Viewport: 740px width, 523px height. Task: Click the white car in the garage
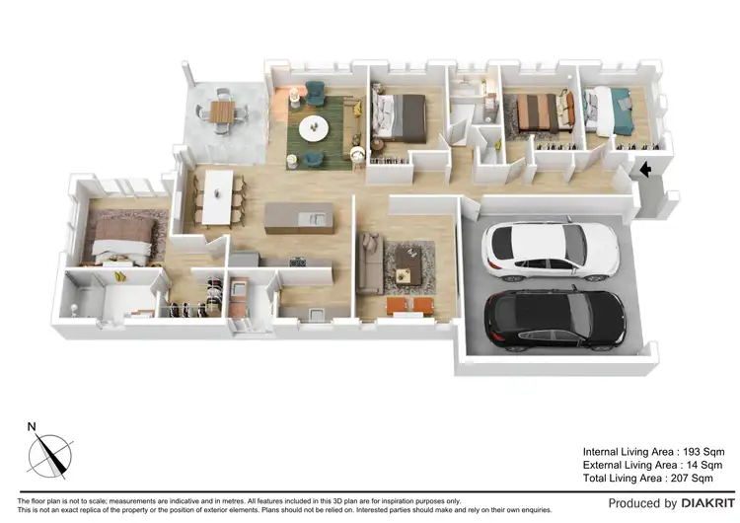tap(539, 249)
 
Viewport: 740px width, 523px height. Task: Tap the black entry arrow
tap(644, 170)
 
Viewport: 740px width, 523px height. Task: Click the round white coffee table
tap(315, 127)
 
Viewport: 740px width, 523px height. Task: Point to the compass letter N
tap(32, 427)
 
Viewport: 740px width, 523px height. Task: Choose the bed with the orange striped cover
tap(540, 111)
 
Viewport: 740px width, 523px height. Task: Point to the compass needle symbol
tap(50, 457)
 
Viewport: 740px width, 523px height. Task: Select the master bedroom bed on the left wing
tap(123, 237)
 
